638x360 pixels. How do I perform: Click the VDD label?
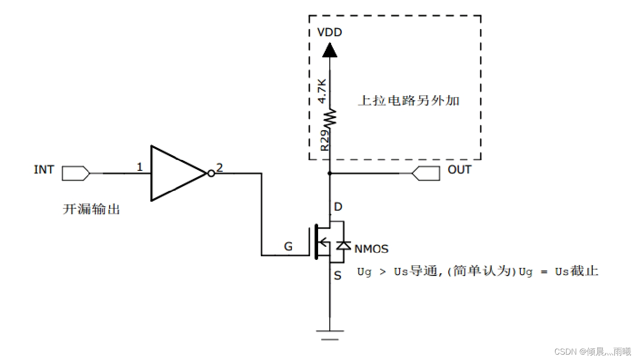point(330,32)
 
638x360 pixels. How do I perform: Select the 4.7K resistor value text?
point(322,91)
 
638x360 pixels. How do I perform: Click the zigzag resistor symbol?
point(330,117)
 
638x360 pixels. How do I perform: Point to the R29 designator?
point(324,140)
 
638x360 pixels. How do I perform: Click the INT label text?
point(43,169)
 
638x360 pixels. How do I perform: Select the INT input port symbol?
point(76,173)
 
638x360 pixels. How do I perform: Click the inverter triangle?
point(179,174)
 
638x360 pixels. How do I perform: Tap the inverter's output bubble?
point(211,174)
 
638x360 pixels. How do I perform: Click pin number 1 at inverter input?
point(139,167)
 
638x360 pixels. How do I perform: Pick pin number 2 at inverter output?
point(219,168)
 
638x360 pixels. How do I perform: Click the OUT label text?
point(459,169)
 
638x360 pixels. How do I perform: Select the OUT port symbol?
point(426,173)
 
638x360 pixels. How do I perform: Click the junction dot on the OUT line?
point(330,173)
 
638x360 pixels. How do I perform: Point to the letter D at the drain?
point(338,207)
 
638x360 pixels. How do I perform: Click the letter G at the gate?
point(288,246)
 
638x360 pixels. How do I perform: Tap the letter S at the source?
point(337,275)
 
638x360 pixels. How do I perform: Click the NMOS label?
point(371,249)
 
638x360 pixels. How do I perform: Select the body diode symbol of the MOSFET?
point(344,246)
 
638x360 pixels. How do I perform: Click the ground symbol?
point(330,335)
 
